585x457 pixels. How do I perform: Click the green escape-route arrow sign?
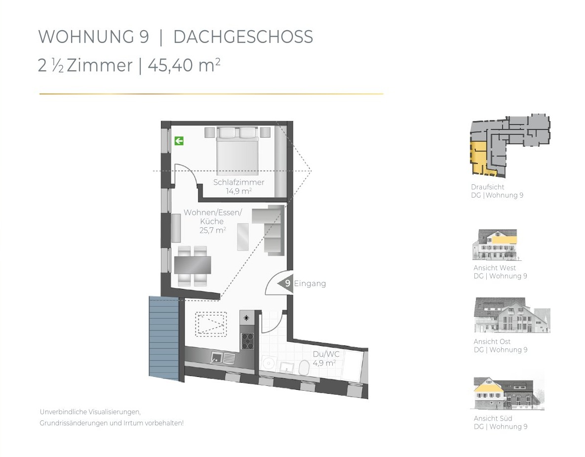coord(179,141)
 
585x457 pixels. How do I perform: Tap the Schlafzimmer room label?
coord(239,182)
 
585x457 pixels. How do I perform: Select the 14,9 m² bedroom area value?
coord(239,191)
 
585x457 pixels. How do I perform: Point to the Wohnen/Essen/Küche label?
coord(213,216)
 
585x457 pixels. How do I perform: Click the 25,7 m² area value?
coord(213,230)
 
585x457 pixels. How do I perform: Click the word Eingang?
coord(310,284)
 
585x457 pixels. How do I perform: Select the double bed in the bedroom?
coord(237,149)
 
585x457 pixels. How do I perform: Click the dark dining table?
coord(193,265)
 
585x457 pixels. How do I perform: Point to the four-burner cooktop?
coord(247,341)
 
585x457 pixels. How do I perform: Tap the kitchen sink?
coord(223,358)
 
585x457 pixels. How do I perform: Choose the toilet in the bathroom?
coord(304,368)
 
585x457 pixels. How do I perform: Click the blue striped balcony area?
coord(164,338)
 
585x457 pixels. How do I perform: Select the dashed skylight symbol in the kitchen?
coord(211,324)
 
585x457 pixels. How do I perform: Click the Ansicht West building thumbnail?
coord(496,245)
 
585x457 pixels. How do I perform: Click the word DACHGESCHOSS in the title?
coord(243,37)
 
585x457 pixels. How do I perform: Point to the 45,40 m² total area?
coord(184,65)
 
